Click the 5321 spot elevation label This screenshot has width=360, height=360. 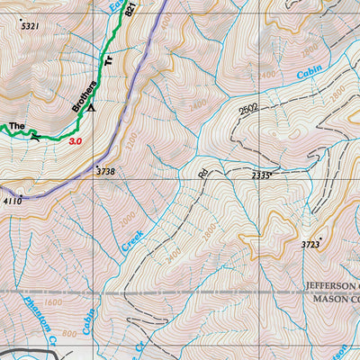(30, 27)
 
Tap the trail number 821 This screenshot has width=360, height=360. (134, 9)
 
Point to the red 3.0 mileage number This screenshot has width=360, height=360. (76, 141)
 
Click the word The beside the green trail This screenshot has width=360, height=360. (16, 126)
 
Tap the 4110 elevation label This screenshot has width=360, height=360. (12, 201)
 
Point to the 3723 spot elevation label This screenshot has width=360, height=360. (310, 245)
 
